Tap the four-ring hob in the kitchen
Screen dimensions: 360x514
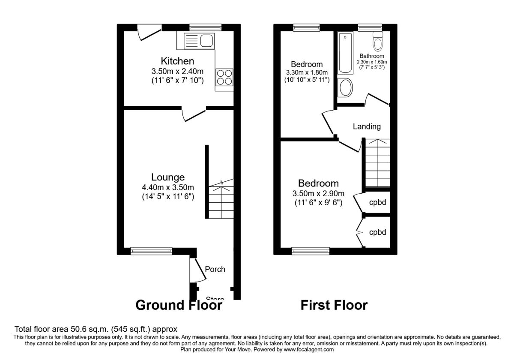tap(224, 78)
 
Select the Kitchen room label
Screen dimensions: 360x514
tap(177, 61)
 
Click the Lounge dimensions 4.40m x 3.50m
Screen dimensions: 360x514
tap(168, 187)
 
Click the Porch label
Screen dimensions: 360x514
tap(215, 269)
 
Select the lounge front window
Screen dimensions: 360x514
tap(151, 251)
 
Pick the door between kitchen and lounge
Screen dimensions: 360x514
tap(194, 114)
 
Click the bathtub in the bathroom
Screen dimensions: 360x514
tap(345, 54)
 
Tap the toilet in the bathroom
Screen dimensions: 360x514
tap(378, 41)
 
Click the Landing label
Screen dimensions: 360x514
tap(367, 126)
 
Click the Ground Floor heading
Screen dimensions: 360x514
tap(179, 305)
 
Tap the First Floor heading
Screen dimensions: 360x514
tap(334, 305)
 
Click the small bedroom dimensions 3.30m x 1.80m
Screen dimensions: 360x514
tap(307, 72)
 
